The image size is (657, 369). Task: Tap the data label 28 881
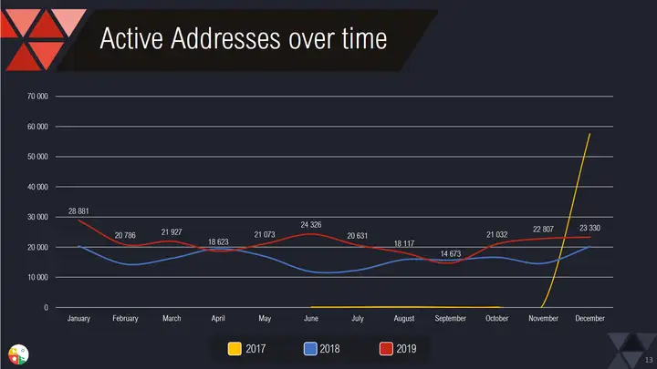80,212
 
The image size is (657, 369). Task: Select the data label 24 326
310,224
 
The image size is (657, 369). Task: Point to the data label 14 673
451,253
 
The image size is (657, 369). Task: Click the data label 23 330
589,227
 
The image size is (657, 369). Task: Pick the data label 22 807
545,228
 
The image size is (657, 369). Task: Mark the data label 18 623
218,241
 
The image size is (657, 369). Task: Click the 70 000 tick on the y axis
38,96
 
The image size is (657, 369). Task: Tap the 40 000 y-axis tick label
38,187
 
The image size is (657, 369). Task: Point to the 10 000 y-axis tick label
38,277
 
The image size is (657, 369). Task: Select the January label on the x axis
80,319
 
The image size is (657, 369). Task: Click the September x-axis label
451,319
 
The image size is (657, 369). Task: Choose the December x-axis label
590,319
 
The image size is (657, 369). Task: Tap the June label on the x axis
310,319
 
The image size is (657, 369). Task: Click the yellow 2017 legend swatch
235,347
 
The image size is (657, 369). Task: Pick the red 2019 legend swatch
386,347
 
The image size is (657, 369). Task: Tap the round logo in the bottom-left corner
17,354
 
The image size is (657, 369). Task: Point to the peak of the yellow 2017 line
589,134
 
